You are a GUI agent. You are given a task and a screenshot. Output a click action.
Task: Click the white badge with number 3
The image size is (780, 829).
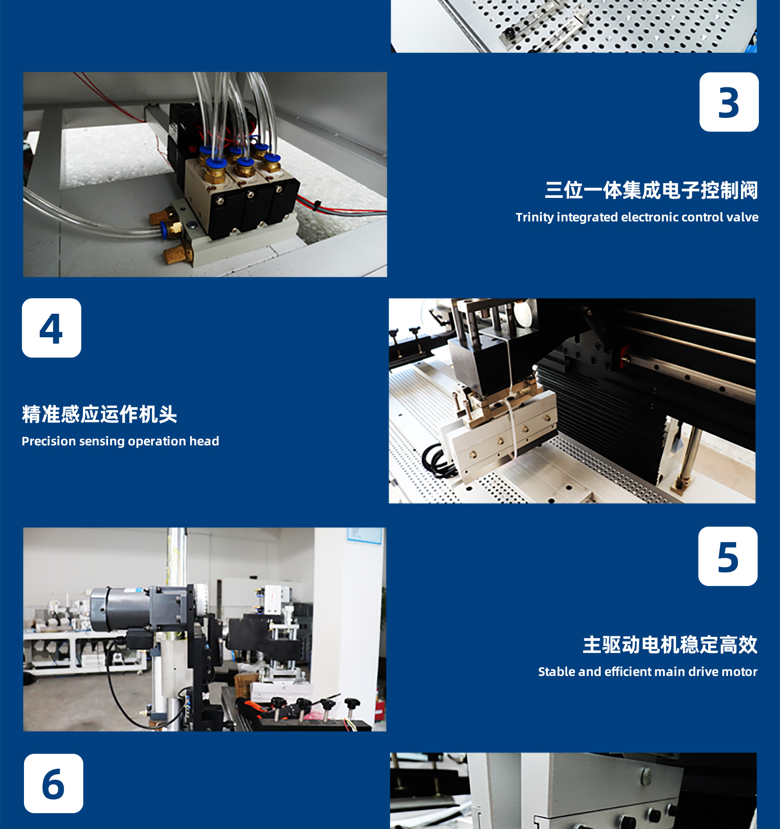point(729,102)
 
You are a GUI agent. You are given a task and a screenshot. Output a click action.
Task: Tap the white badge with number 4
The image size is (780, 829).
point(52,328)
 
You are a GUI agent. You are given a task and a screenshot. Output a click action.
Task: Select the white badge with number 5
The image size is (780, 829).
point(728,556)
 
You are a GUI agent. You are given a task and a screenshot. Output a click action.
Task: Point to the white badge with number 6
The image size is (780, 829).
point(53,783)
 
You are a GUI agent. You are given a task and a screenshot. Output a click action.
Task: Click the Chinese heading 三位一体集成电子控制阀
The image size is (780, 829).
point(651,190)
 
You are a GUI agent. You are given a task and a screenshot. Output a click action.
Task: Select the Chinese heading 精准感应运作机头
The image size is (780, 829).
point(99,414)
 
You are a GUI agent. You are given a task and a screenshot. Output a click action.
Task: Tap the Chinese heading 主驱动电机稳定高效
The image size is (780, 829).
point(670,645)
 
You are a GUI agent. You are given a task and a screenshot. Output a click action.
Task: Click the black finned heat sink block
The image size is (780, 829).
point(600,417)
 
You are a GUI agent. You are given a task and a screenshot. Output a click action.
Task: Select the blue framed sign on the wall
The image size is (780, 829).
point(364,536)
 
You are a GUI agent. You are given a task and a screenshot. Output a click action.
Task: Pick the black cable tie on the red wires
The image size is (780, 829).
point(317,205)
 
